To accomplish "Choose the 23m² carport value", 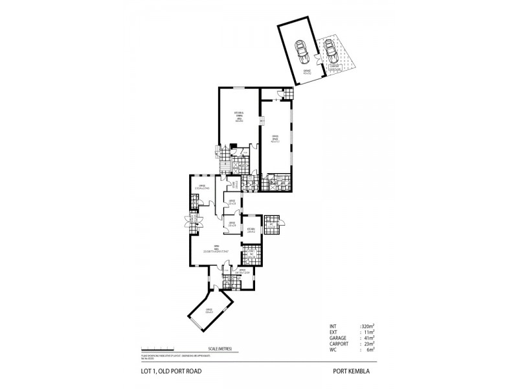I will coord(366,344).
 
